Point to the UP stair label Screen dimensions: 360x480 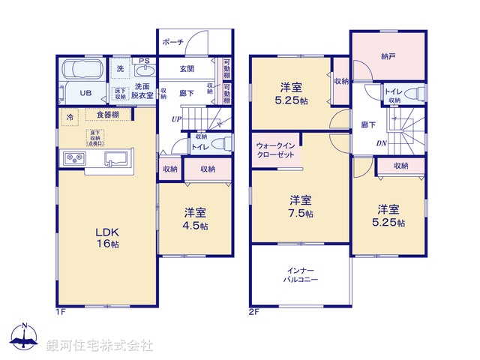[x=175, y=118]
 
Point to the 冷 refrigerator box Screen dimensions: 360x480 [x=70, y=117]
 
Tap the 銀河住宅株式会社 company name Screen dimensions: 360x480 [x=100, y=346]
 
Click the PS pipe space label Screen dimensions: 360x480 [x=143, y=60]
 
